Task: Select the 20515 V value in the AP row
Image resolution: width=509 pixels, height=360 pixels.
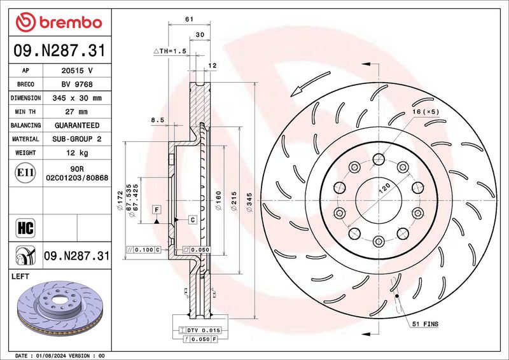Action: (x=76, y=71)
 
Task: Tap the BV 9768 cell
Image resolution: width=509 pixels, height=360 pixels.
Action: (x=76, y=84)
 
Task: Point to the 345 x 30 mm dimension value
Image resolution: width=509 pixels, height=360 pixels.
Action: (x=76, y=98)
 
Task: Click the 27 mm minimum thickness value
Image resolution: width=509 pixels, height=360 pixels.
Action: (x=76, y=112)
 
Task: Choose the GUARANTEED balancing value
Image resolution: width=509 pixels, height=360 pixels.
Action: (x=76, y=125)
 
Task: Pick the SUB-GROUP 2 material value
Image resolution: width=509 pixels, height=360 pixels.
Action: (x=76, y=139)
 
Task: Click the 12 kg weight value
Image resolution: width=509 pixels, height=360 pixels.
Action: (x=76, y=153)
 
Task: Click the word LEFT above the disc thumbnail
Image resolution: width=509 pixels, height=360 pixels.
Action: (x=21, y=277)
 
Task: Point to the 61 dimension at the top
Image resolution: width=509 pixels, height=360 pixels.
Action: (x=189, y=19)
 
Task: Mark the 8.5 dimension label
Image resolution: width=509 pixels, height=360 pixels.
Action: (x=157, y=120)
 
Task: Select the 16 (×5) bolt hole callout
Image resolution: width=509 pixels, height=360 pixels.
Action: (x=426, y=112)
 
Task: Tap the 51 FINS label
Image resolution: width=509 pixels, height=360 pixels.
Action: (x=424, y=324)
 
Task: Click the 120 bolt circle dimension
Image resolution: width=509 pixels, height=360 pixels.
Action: (x=384, y=190)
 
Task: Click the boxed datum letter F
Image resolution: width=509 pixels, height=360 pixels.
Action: (x=155, y=209)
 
